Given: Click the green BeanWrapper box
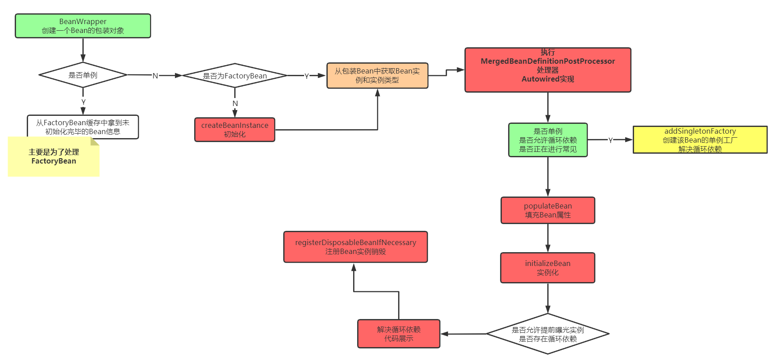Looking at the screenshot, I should pyautogui.click(x=83, y=26).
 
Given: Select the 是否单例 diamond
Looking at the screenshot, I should pyautogui.click(x=83, y=75).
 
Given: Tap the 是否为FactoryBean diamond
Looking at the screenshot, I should pyautogui.click(x=235, y=76).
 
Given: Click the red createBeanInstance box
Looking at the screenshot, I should pyautogui.click(x=235, y=130).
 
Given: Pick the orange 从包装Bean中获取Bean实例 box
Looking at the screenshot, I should pyautogui.click(x=377, y=76).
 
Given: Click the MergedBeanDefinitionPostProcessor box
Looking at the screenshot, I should pyautogui.click(x=548, y=70).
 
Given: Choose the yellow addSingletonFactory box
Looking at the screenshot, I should pyautogui.click(x=700, y=140).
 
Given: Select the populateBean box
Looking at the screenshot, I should pyautogui.click(x=548, y=210).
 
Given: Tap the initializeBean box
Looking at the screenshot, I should pyautogui.click(x=548, y=268).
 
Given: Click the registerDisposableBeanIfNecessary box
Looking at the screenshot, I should pyautogui.click(x=355, y=247).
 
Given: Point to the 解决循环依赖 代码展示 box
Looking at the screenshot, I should pyautogui.click(x=399, y=334).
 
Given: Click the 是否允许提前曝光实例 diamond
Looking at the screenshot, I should pyautogui.click(x=548, y=334).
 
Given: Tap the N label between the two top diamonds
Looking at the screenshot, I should pyautogui.click(x=155, y=76).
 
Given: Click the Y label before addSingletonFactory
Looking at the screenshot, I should pyautogui.click(x=610, y=140).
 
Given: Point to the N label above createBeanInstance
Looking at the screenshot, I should pyautogui.click(x=235, y=103).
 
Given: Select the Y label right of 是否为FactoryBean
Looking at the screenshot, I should pyautogui.click(x=306, y=76).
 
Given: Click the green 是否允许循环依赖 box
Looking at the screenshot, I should pyautogui.click(x=548, y=140).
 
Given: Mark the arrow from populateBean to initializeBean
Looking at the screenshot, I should pyautogui.click(x=548, y=238).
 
